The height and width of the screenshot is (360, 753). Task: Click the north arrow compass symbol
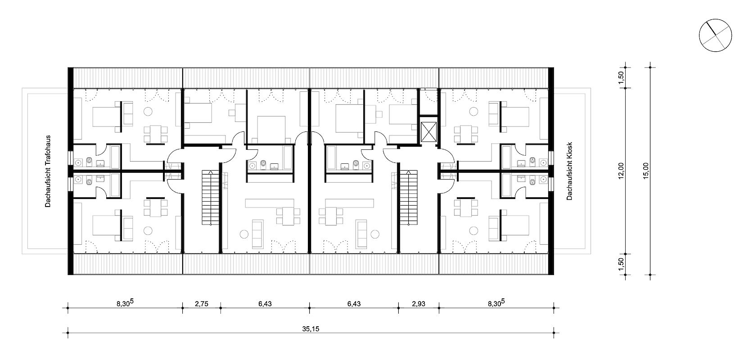tap(715, 36)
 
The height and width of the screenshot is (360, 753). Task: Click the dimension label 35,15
tap(310, 328)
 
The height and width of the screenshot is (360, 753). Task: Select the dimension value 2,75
tap(201, 304)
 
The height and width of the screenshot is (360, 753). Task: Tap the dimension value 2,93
tap(418, 304)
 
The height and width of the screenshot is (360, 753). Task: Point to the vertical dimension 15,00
tap(646, 171)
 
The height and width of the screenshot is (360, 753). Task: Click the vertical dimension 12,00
tap(622, 171)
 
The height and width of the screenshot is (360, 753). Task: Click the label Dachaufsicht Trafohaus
tap(47, 171)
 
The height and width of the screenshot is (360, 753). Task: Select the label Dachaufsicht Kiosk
tap(569, 171)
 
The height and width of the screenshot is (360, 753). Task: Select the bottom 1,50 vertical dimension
tap(622, 264)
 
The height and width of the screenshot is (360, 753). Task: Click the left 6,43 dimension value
tap(265, 304)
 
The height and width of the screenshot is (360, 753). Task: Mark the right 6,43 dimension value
tap(354, 304)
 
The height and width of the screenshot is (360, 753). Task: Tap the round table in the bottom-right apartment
tap(473, 231)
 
